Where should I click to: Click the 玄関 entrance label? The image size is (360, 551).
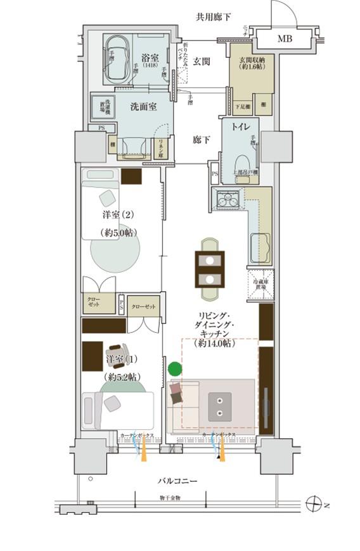pos(202,61)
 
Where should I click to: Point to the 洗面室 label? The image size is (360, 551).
pos(143,107)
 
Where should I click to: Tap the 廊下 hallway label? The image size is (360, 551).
pos(202,141)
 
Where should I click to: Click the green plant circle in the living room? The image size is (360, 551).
pos(174,368)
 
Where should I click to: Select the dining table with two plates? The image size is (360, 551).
pos(210,269)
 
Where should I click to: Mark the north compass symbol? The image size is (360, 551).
pos(313,505)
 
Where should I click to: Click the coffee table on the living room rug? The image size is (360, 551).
pos(220,403)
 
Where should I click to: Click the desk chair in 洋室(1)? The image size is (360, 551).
pos(117,353)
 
